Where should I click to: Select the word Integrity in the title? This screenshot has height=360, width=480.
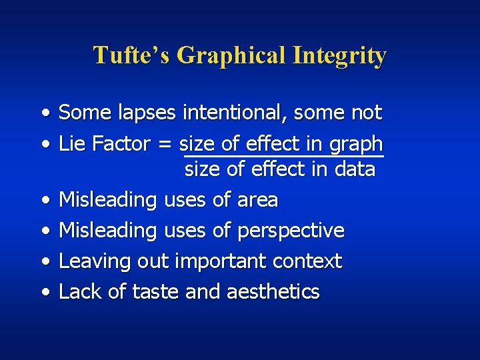(339, 55)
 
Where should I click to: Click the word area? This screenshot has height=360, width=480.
(257, 200)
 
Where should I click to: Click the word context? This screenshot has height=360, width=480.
(308, 261)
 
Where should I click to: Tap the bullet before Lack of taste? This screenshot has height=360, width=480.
(44, 292)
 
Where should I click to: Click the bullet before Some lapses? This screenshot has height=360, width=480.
(44, 113)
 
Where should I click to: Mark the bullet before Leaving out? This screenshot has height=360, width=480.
(44, 261)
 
